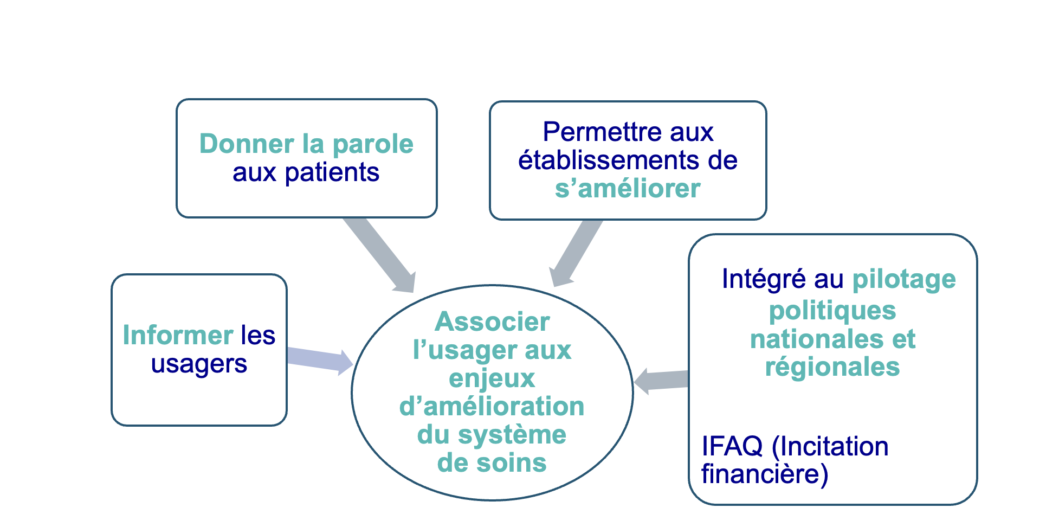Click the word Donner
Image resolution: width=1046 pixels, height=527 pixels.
pos(247,144)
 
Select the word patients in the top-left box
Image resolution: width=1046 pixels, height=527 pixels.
pos(332,173)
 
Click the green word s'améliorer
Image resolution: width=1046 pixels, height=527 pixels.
pos(628,189)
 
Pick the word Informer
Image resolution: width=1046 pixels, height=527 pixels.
pos(178,335)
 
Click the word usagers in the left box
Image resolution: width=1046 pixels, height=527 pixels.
pos(199,364)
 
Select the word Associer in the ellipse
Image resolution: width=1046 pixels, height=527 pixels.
pos(492,322)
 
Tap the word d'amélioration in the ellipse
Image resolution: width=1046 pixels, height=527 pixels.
pos(492,407)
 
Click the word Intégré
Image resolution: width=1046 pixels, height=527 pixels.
pos(764,279)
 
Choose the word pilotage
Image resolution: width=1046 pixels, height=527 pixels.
pos(903,280)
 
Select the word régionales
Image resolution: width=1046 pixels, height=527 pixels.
pos(832,367)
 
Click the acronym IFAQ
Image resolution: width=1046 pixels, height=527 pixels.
pos(732,446)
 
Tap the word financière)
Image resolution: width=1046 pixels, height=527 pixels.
pos(765,474)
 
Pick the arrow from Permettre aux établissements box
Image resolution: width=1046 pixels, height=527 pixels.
pos(574,252)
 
